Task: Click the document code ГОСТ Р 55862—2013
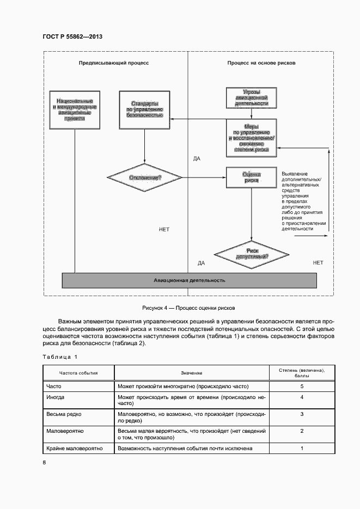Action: pos(72,36)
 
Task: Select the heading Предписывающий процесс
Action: pos(114,63)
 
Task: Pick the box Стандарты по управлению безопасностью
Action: pos(144,109)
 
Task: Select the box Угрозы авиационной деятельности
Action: pos(251,97)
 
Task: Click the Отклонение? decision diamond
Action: pos(144,177)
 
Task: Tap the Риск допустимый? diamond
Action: pos(251,253)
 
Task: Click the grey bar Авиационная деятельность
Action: pos(189,280)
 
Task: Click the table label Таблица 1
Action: pos(60,357)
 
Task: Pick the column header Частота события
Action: pos(78,373)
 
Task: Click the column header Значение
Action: pos(192,373)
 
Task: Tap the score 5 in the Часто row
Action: pos(302,386)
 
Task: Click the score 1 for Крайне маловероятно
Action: pos(302,449)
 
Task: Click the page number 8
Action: pos(45,463)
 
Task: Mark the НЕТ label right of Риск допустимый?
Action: pos(318,262)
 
